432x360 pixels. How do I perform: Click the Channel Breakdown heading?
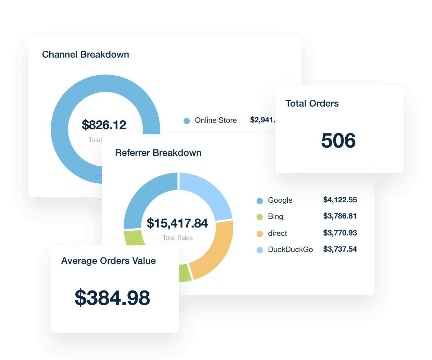85,55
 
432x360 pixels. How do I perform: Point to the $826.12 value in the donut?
104,125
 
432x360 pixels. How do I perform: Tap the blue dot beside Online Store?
186,121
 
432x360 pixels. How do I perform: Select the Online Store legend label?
216,121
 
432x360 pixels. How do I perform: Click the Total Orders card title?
312,104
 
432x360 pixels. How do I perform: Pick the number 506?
338,141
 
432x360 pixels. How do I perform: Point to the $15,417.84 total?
177,223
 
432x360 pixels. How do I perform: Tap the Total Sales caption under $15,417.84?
177,238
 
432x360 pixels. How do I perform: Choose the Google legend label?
280,201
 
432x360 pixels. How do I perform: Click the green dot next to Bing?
260,217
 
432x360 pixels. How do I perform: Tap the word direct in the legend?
277,233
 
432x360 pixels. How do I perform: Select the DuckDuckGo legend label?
290,249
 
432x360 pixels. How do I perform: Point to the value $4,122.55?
340,200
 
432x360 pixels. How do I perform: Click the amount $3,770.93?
340,233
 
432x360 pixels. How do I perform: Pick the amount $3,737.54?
340,249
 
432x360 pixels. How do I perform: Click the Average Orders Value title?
108,261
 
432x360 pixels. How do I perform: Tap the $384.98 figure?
112,298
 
